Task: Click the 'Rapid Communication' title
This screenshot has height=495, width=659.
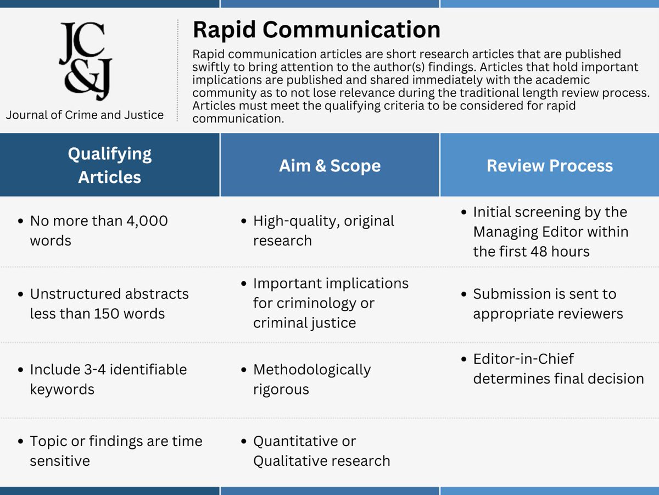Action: [316, 30]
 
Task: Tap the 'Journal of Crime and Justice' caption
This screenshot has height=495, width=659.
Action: [85, 115]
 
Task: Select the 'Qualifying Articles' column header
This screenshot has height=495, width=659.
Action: [110, 165]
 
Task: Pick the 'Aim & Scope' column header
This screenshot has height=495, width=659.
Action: [329, 166]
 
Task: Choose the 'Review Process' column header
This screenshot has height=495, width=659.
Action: [549, 166]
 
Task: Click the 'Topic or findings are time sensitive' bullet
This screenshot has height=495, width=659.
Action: [115, 451]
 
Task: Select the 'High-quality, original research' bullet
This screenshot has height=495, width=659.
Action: [323, 231]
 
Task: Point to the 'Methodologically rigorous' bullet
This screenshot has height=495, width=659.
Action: [311, 380]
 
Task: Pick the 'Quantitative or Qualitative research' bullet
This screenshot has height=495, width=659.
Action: [321, 451]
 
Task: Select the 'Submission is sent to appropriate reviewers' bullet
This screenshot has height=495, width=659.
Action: [548, 304]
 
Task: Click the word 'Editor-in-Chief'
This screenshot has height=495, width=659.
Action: [516, 359]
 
